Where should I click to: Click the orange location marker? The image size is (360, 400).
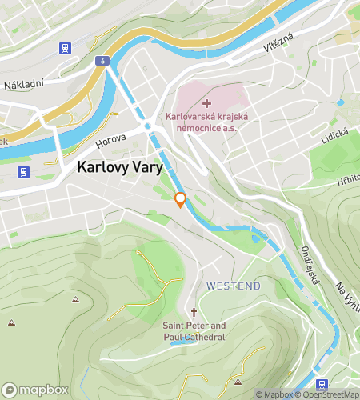[x=181, y=200]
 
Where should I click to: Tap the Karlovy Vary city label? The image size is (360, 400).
[x=120, y=168]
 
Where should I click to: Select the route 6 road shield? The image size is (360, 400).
[x=103, y=61]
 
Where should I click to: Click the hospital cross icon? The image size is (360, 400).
[x=207, y=103]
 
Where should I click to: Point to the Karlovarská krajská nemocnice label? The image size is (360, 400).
[x=207, y=122]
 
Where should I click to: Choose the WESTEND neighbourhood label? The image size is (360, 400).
[x=234, y=285]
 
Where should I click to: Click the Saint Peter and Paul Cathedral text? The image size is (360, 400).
[x=194, y=331]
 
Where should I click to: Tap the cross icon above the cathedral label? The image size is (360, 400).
[x=194, y=312]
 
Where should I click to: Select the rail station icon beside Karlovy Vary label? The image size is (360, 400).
[x=24, y=171]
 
